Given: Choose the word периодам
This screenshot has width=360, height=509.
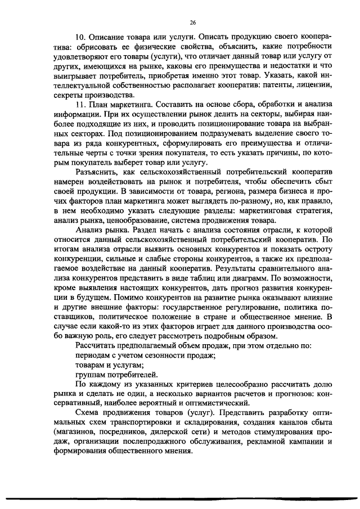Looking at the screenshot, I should point(93,355).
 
